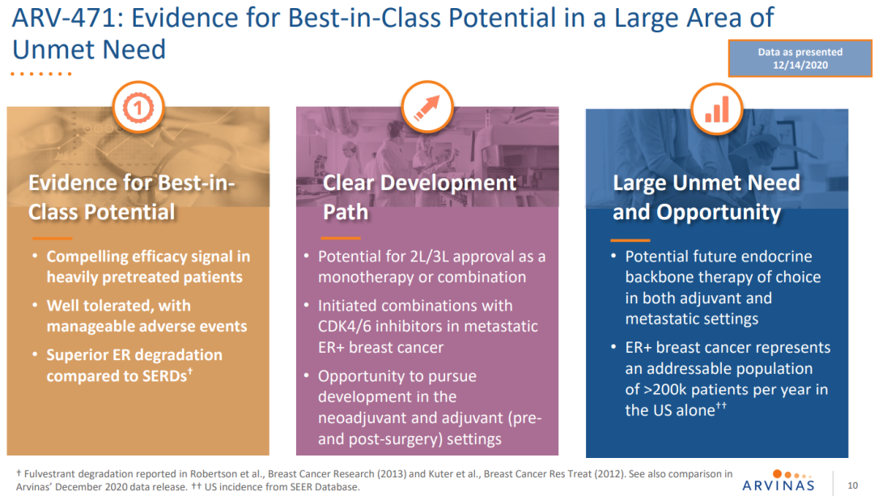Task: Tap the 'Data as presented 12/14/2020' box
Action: click(x=800, y=58)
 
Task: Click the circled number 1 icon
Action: click(x=138, y=106)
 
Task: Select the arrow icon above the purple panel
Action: click(x=426, y=106)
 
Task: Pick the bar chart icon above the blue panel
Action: click(x=716, y=106)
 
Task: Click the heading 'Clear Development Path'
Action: click(x=419, y=197)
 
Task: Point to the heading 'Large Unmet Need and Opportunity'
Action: click(x=706, y=197)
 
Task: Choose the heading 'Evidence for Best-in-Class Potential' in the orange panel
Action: click(x=131, y=197)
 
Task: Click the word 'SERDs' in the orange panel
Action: click(x=162, y=376)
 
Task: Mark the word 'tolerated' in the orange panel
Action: click(x=116, y=305)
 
